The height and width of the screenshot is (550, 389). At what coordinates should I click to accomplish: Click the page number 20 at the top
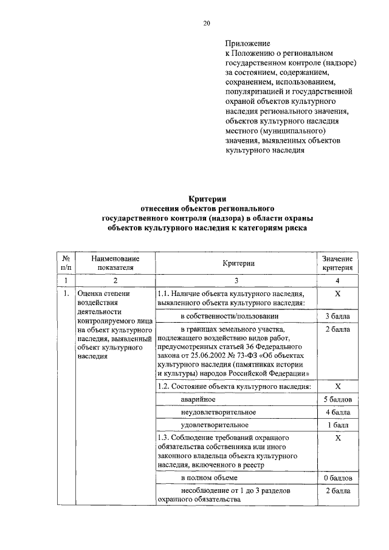pos(206,23)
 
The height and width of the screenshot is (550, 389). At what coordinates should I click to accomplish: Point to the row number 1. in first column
pos(63,294)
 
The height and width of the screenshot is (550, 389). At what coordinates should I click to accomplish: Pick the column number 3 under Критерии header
pos(237,280)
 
